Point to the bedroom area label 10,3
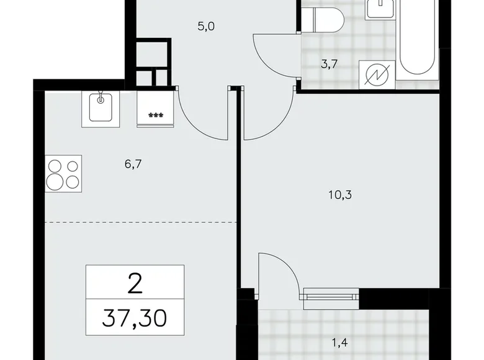pos(339,194)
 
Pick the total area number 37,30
pos(135,321)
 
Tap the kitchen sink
pos(99,108)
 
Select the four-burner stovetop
pos(63,174)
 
